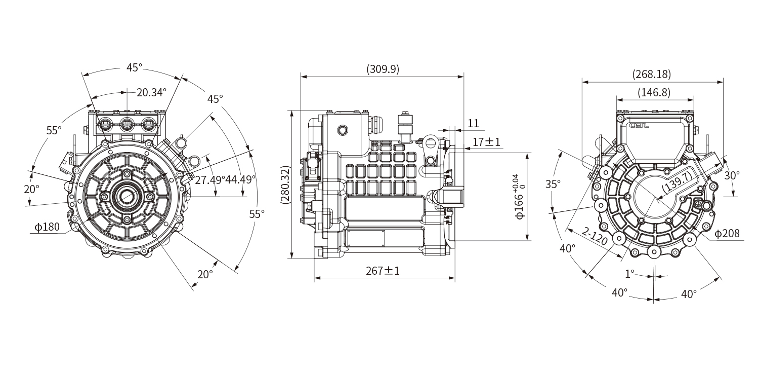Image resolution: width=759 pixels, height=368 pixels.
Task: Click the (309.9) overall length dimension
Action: click(x=383, y=70)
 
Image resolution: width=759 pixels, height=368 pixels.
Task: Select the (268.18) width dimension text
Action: click(x=652, y=74)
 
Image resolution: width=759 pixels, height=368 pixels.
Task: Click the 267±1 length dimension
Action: click(x=383, y=271)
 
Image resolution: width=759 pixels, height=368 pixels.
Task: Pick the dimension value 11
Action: click(x=473, y=123)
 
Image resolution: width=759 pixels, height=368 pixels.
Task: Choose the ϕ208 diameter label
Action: click(x=728, y=234)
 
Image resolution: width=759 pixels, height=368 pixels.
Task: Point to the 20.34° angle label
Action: click(x=151, y=92)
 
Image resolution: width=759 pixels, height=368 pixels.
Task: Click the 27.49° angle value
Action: click(x=209, y=179)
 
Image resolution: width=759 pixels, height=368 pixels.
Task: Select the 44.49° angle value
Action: click(x=240, y=179)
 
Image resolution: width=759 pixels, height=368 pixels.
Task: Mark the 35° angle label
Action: click(x=553, y=184)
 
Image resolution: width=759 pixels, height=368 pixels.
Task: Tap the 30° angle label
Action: click(x=732, y=175)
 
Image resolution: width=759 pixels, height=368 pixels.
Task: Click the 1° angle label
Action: click(x=629, y=274)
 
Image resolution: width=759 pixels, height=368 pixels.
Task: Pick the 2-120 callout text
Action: click(x=594, y=236)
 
